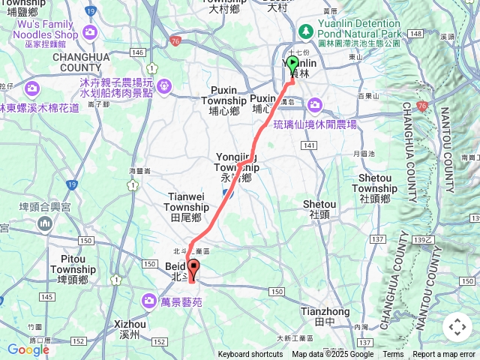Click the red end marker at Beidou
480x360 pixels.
tap(193, 270)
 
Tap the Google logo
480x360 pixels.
tap(28, 349)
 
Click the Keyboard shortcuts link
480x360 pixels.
tap(250, 355)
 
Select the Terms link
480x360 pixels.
tap(393, 355)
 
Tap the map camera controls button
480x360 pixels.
tap(457, 327)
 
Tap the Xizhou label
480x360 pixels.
tap(130, 328)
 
